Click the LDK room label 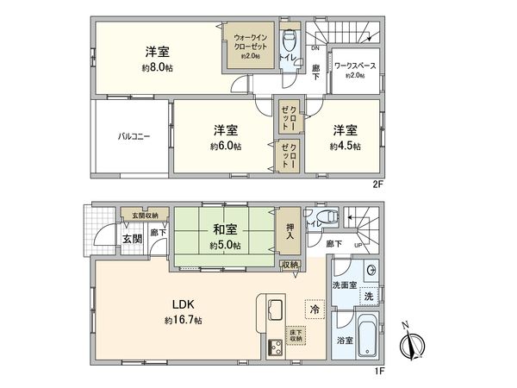[x=182, y=304]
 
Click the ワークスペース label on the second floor [x=353, y=66]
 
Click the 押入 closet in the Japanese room [x=290, y=227]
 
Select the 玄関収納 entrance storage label [x=142, y=216]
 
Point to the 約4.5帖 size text [x=345, y=147]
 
